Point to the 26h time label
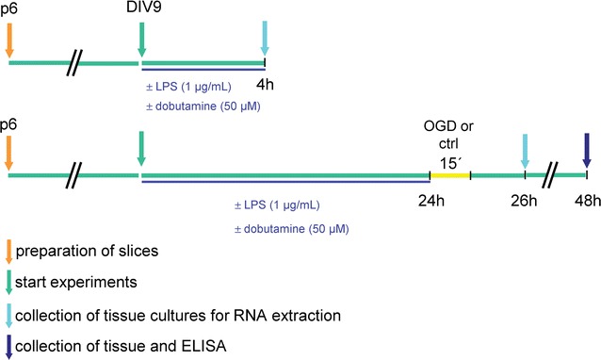click(525, 198)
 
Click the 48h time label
click(586, 198)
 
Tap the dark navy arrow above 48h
click(586, 150)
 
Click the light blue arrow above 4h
click(265, 41)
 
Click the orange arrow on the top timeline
click(9, 40)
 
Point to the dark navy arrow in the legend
click(9, 343)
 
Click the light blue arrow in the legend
click(9, 313)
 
